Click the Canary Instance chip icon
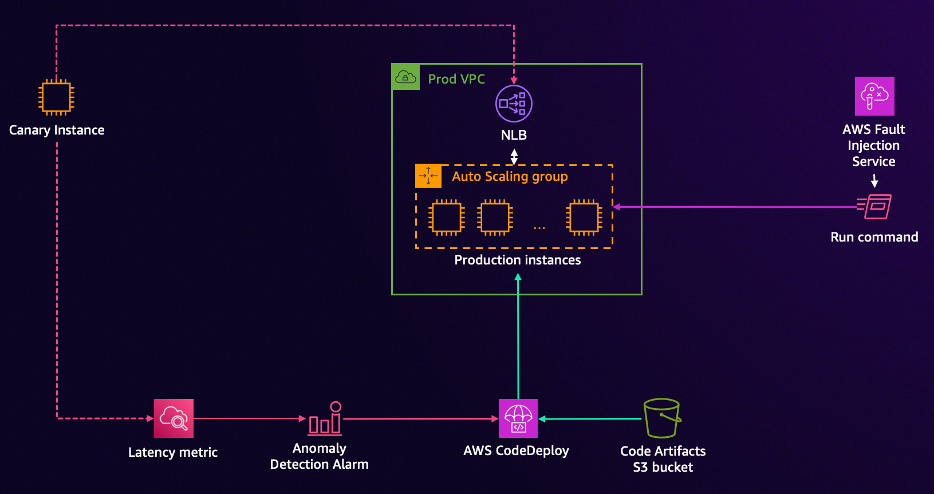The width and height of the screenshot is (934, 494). (x=56, y=97)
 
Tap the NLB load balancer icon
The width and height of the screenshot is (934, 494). (x=514, y=104)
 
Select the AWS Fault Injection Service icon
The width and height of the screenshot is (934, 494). (x=874, y=96)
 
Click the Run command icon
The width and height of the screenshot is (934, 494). (x=874, y=207)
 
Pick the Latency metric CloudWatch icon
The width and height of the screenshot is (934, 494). (x=174, y=418)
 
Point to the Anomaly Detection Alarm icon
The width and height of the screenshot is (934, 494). (x=325, y=418)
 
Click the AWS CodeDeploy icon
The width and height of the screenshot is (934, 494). (x=518, y=418)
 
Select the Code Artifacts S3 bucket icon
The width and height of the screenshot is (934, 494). (x=662, y=418)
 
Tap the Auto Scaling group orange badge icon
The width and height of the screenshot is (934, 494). (x=428, y=176)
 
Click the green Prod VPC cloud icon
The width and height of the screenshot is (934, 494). (x=406, y=77)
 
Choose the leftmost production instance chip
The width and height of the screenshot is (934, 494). (x=447, y=218)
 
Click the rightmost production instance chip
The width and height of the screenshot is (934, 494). (x=584, y=218)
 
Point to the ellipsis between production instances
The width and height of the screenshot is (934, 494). (x=539, y=228)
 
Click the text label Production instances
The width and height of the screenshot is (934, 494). (x=517, y=260)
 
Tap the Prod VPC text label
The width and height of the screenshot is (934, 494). (x=456, y=79)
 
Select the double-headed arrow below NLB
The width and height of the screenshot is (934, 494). (x=514, y=156)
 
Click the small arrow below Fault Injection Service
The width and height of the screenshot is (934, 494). (x=874, y=181)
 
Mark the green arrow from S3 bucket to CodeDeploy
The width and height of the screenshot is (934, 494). (x=590, y=419)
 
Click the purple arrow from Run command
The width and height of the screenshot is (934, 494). (x=733, y=207)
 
